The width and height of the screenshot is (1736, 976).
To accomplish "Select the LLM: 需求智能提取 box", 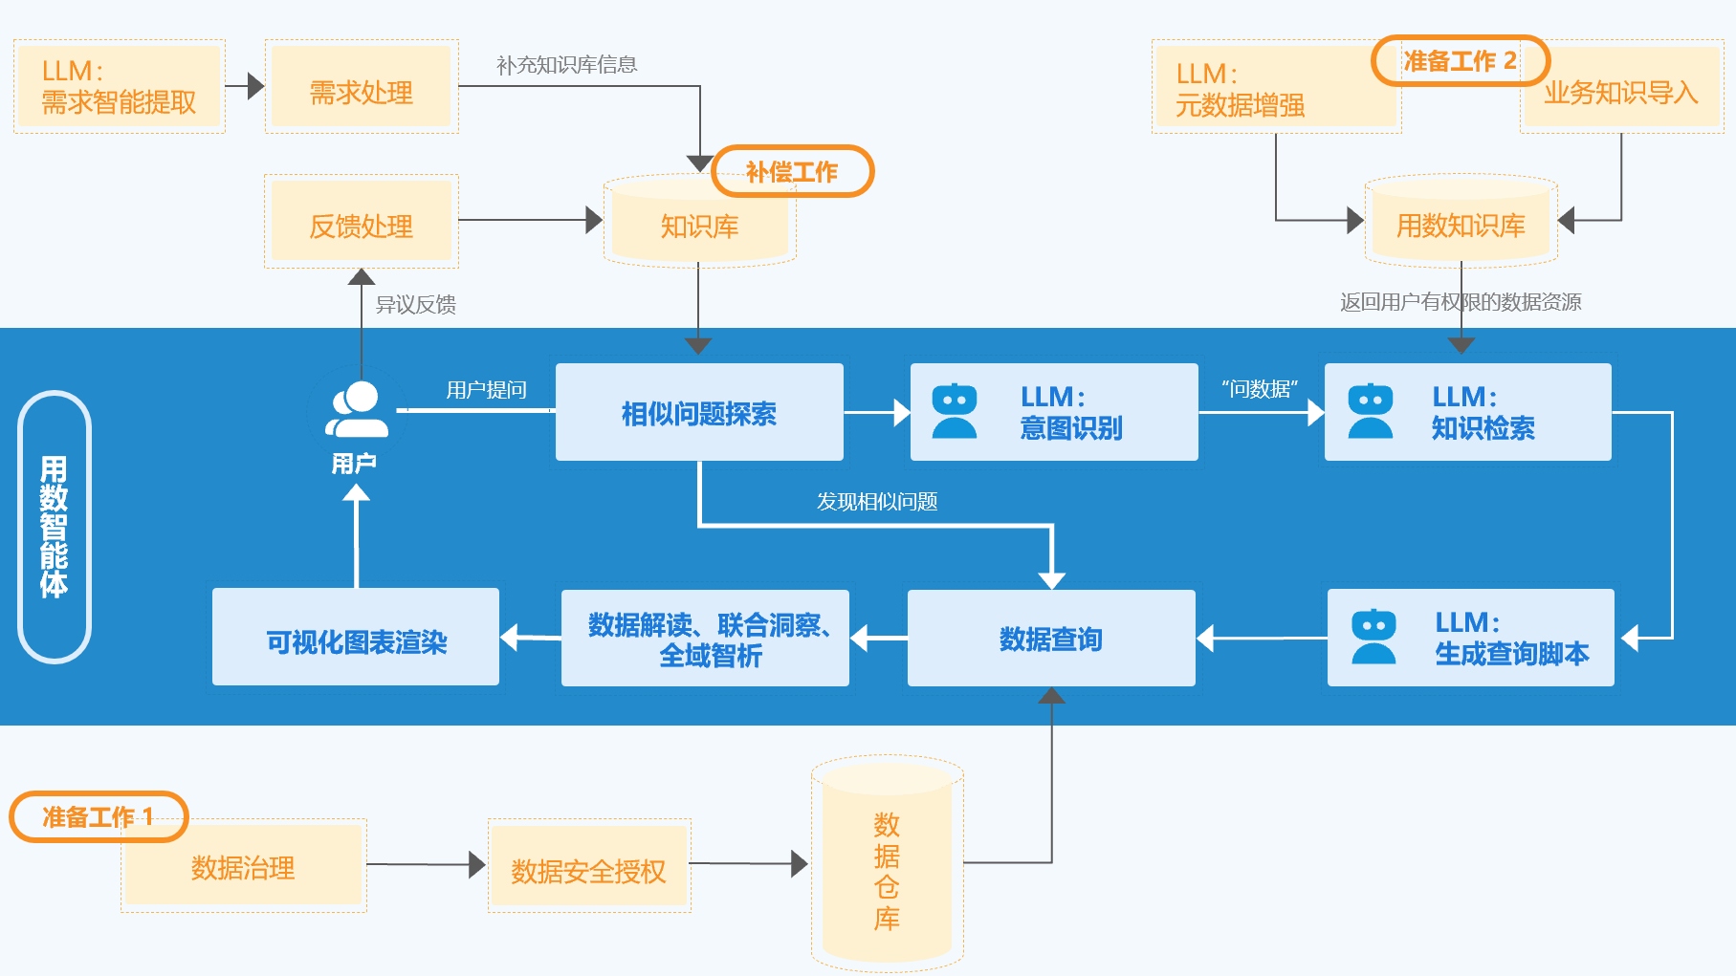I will [119, 87].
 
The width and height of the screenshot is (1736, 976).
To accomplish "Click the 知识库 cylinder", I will [699, 225].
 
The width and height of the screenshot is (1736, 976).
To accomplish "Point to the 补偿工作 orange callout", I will [793, 171].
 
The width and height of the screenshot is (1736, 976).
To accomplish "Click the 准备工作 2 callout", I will [1460, 61].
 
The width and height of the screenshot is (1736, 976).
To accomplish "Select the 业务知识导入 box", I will [1621, 91].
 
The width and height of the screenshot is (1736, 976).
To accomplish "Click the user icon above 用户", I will [357, 410].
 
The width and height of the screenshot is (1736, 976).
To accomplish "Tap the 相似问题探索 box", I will [699, 413].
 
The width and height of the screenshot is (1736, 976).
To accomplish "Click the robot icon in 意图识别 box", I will [955, 412].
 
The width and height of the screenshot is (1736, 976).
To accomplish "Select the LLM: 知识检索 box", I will [1468, 412].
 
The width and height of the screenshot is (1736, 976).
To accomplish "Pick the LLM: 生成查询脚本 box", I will [1471, 638].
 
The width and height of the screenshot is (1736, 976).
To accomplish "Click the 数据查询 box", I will [1051, 638].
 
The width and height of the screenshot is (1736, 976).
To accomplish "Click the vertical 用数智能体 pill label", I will [55, 527].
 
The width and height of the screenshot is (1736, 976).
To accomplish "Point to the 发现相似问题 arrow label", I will [876, 501].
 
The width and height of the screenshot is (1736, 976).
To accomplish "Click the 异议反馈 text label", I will [415, 304].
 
